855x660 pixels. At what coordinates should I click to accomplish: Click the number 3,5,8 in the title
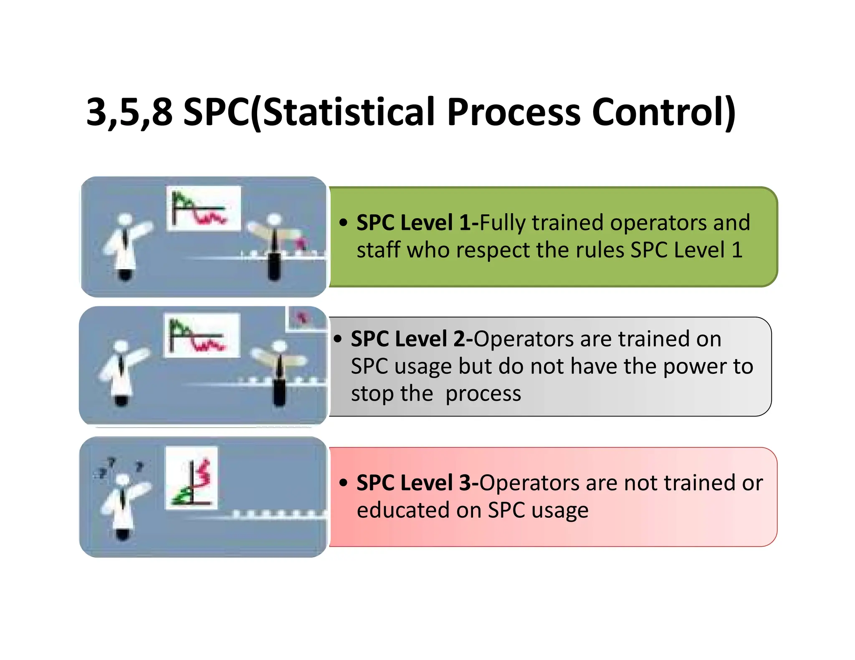click(129, 112)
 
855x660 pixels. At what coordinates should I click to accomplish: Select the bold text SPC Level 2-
click(411, 339)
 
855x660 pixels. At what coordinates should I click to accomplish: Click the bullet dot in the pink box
click(343, 483)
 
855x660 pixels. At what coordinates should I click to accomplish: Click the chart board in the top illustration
click(203, 208)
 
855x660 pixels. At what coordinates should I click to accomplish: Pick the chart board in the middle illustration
click(202, 335)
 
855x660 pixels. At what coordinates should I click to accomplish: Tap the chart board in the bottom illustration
click(191, 477)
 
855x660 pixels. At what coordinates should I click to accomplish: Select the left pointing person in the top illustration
click(125, 246)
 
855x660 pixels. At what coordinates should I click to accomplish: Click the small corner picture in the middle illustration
click(306, 318)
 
